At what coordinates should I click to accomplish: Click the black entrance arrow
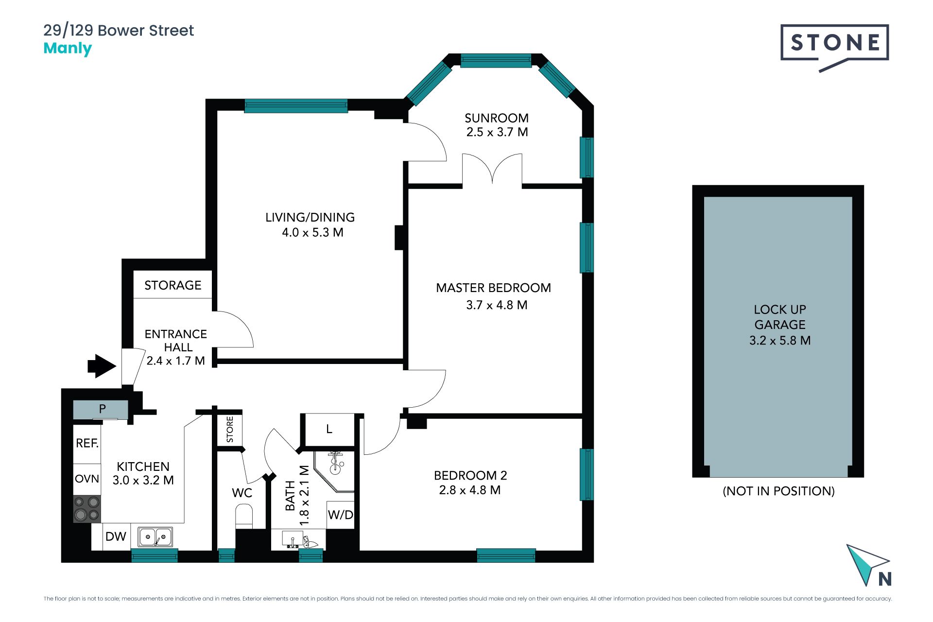[102, 366]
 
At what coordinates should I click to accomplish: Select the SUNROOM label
[497, 118]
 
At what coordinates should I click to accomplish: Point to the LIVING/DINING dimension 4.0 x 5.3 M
[312, 232]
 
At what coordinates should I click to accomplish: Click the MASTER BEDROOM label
[493, 288]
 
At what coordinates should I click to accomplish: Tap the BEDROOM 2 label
[470, 475]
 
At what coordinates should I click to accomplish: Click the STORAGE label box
[173, 285]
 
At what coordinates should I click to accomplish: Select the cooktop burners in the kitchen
[87, 509]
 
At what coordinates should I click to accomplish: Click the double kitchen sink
[155, 537]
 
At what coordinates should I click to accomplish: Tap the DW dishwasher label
[116, 536]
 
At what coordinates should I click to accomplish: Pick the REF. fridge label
[87, 443]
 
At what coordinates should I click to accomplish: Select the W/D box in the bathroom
[340, 515]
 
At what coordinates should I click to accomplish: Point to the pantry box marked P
[101, 409]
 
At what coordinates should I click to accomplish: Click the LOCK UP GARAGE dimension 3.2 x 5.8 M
[780, 340]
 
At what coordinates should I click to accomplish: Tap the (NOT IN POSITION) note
[778, 491]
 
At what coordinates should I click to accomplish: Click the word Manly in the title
[68, 49]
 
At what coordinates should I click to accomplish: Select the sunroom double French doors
[492, 169]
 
